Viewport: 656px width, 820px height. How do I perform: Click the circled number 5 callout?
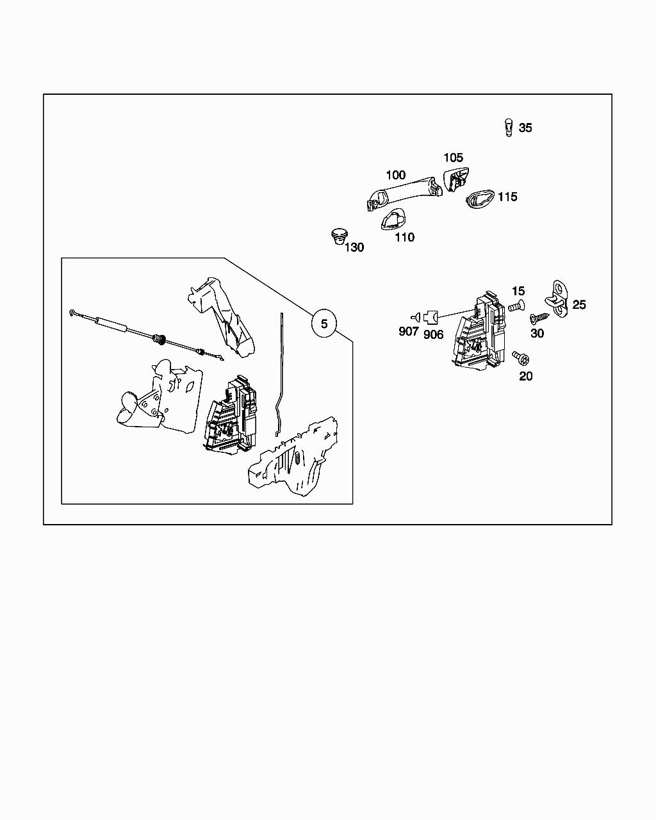coord(324,324)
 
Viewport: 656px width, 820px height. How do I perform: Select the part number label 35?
coord(525,128)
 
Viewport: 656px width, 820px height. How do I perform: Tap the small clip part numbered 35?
coord(509,127)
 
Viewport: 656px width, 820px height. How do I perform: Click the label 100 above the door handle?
coord(395,175)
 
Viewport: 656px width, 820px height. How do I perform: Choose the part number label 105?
coord(453,158)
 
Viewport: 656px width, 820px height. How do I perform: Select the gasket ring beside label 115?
coord(479,199)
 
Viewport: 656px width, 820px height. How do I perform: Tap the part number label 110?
coord(404,238)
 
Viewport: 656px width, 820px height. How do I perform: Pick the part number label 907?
coord(408,331)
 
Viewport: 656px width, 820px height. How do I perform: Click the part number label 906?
coord(433,334)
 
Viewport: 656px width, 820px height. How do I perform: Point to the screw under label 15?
coord(516,307)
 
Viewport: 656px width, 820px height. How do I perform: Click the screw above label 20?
coord(520,356)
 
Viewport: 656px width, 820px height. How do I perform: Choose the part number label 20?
coord(525,376)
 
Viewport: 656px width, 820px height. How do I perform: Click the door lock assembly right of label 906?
coord(480,332)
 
